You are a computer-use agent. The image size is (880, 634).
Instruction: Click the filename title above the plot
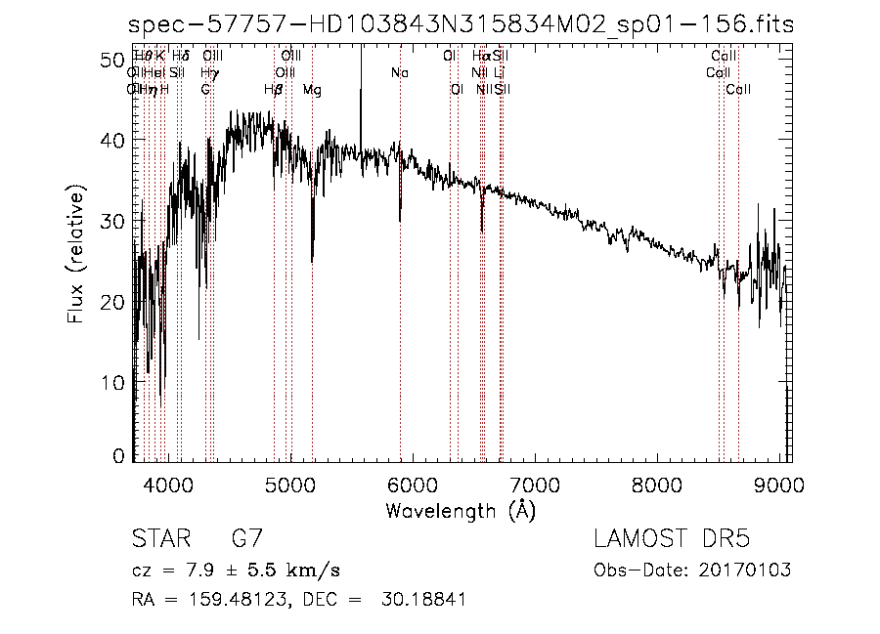(x=462, y=25)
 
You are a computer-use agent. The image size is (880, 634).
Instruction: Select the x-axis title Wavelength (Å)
(x=461, y=510)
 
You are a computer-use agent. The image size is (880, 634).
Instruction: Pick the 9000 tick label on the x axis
(x=779, y=483)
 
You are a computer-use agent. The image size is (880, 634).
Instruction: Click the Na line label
(x=400, y=73)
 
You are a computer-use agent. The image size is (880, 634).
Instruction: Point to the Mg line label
(x=312, y=90)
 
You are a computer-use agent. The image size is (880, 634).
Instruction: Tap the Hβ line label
(x=274, y=90)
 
